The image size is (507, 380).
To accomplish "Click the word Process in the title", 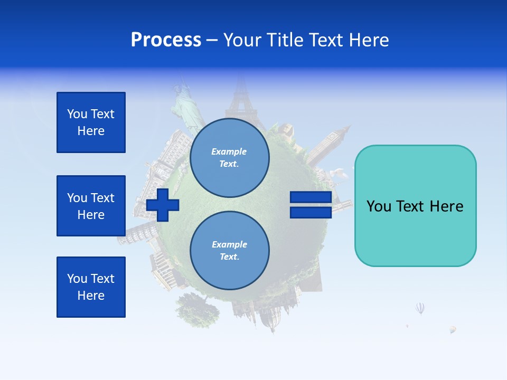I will tap(166, 40).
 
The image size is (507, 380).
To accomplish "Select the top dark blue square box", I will tap(91, 122).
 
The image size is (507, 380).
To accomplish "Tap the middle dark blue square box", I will tap(91, 206).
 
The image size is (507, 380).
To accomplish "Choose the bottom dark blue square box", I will tap(91, 287).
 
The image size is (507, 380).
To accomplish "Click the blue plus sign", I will tap(163, 205).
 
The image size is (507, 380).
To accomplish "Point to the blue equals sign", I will tap(311, 205).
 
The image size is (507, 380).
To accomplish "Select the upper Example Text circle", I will tap(229, 158).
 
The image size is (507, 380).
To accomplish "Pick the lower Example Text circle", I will tap(229, 251).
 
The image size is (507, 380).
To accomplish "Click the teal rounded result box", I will tap(415, 206).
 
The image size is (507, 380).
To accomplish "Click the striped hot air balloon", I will tap(420, 308).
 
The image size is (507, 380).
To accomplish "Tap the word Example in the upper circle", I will tap(229, 151).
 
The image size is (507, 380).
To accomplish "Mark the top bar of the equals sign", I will tap(311, 197).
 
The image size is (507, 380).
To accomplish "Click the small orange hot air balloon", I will tap(453, 329).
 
